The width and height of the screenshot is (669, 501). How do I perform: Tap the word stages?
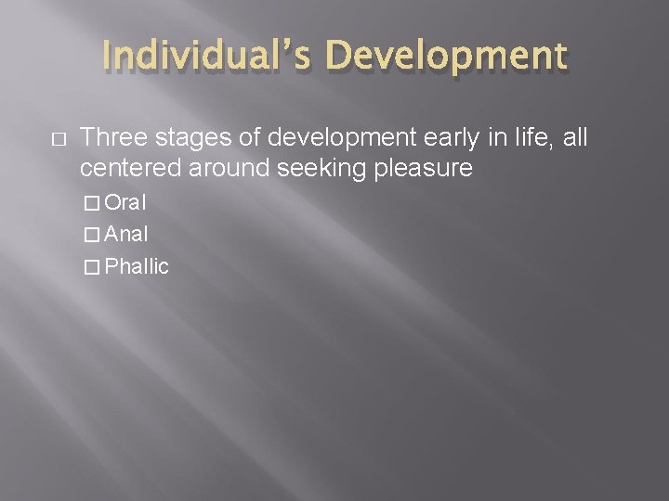point(178,138)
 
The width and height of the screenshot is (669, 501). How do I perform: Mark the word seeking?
point(305,169)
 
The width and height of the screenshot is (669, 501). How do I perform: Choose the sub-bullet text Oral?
point(126,203)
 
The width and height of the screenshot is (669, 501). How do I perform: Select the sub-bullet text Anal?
point(126,235)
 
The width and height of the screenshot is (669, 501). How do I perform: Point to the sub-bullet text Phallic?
point(137,267)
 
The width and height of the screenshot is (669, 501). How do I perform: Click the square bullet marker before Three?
point(57,139)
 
